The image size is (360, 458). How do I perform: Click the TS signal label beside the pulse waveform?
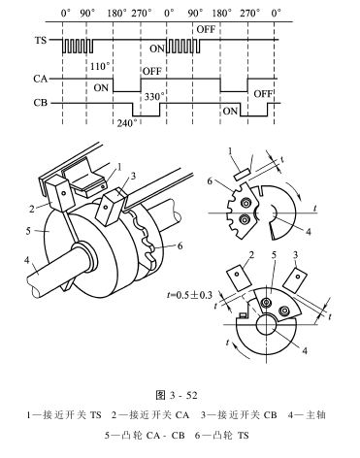(x=41, y=41)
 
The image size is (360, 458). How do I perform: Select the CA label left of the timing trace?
(x=41, y=79)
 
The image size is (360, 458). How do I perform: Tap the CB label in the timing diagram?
(x=41, y=103)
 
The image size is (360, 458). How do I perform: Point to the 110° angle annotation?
(x=100, y=66)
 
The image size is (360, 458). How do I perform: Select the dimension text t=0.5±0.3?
(x=189, y=295)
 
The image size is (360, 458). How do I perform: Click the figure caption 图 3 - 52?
(x=177, y=395)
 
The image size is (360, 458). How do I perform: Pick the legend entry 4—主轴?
(x=307, y=415)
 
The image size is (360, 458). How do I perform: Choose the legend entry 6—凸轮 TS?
(x=222, y=436)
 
